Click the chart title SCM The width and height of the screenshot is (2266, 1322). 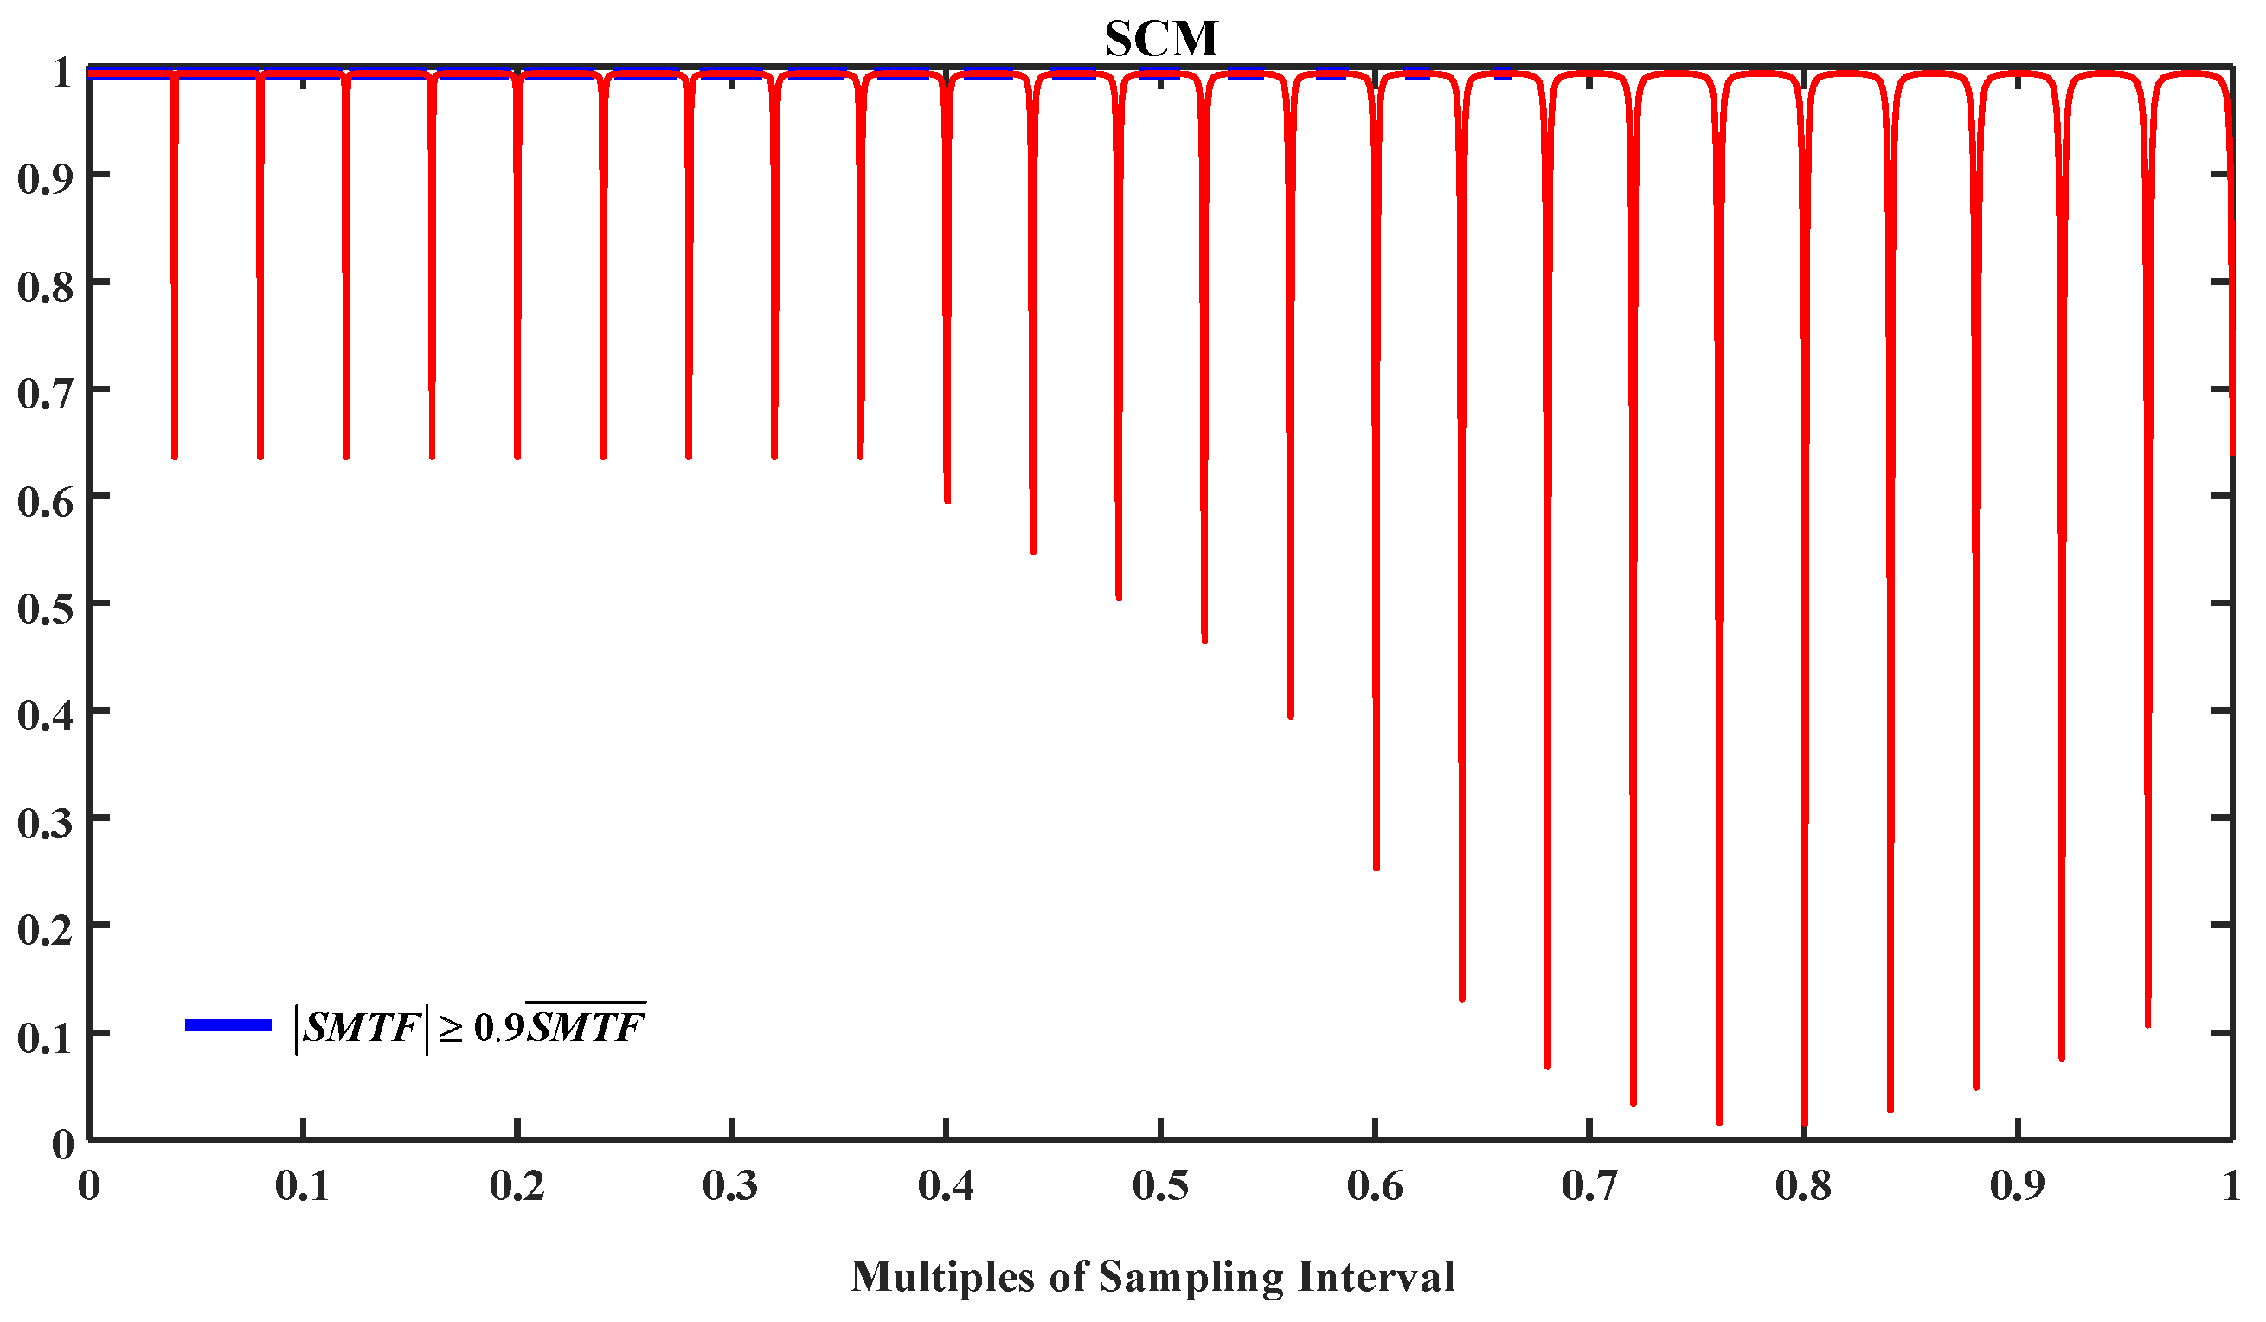tap(1161, 39)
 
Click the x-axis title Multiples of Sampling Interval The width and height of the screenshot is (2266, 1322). tap(1152, 1276)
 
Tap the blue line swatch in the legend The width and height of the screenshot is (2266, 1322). tap(228, 1025)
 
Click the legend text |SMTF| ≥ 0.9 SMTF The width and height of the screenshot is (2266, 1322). tap(472, 1026)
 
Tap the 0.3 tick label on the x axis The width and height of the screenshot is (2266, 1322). tap(731, 1186)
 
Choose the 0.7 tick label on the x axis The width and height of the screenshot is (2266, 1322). tap(1589, 1186)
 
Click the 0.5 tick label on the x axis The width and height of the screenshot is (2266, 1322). tap(1161, 1186)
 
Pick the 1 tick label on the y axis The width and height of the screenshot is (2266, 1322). tap(62, 72)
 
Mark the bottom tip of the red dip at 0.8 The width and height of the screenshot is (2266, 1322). tap(1805, 1123)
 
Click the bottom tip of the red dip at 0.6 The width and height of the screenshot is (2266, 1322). tap(1376, 868)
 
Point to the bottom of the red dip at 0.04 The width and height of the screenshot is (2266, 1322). tap(175, 456)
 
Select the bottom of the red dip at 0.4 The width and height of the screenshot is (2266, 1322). tap(947, 500)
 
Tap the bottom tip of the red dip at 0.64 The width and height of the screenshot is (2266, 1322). tap(1462, 998)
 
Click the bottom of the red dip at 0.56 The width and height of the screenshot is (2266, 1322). tap(1290, 716)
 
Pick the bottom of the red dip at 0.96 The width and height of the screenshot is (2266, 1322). tap(2148, 1024)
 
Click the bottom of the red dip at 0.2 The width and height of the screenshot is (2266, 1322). tap(517, 456)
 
